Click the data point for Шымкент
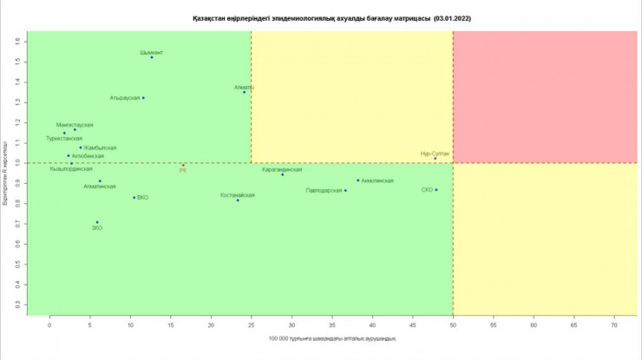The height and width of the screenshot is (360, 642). pos(152,57)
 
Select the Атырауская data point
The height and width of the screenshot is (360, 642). pos(143,98)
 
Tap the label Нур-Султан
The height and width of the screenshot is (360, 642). pos(435,153)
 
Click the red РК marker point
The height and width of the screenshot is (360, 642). pos(183,165)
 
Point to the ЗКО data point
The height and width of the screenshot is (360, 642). pos(97,222)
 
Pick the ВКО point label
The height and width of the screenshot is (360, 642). pos(143,198)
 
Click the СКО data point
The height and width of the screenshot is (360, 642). pos(436,190)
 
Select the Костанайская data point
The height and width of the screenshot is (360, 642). pos(238,200)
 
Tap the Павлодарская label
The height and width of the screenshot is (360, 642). pos(324,190)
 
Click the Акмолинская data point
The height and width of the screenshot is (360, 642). pos(357,180)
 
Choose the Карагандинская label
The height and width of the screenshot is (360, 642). pos(282,170)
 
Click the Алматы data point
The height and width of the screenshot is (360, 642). pos(245,92)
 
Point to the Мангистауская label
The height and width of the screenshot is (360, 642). pos(75,125)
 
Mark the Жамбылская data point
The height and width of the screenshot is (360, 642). pos(81,147)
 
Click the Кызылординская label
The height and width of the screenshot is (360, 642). pos(71,169)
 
